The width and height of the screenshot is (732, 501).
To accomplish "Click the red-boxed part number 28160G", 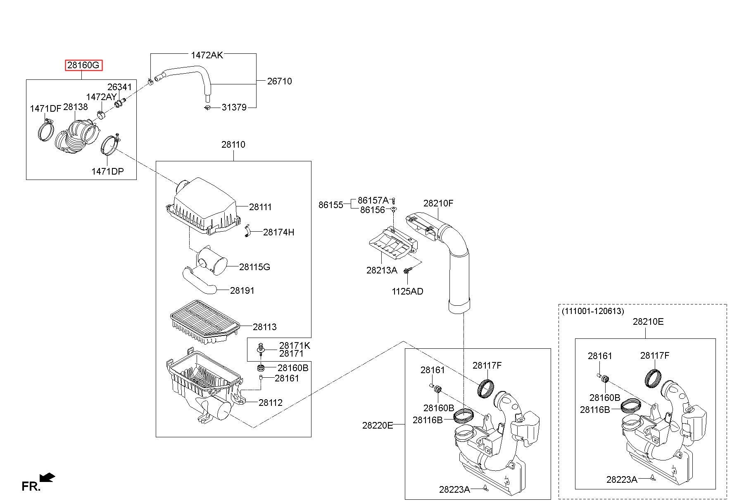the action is point(83,65).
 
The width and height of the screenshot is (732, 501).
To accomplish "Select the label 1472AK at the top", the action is point(207,55).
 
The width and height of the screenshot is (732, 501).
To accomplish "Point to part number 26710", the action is point(279,81).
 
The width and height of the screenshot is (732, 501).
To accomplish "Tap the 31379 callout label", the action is point(234,108).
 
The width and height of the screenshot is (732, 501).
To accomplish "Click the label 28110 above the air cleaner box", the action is point(233,145).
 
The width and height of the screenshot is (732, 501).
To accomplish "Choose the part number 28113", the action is point(265,327).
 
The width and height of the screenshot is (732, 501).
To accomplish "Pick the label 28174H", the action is point(279,232).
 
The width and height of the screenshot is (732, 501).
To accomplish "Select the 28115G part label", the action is point(254,267).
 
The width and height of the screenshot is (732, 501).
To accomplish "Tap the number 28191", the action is point(242,291).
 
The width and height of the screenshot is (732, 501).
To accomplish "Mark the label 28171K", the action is point(295,345).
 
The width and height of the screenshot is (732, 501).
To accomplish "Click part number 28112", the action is point(271,403).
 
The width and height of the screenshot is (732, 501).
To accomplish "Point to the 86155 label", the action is point(331,205).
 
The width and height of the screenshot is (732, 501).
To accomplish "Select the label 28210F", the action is point(438,204).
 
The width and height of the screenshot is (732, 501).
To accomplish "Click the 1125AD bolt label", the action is point(407,292).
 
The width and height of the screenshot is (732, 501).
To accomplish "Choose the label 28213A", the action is point(382,271).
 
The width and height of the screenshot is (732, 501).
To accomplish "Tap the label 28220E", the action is point(378,425).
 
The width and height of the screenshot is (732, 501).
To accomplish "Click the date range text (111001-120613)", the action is point(593,311).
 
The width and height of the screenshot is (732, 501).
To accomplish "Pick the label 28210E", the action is point(648,322).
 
